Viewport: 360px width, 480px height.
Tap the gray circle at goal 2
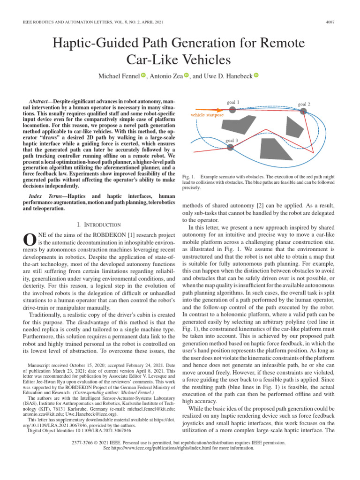coord(303,111)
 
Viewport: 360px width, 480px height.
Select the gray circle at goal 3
coord(230,147)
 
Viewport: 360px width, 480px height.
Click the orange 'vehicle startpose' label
coord(207,114)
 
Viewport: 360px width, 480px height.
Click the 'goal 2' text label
coord(304,104)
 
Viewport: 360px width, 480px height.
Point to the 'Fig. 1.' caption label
coord(188,177)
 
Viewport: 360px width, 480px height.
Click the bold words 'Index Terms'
coord(44,195)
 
